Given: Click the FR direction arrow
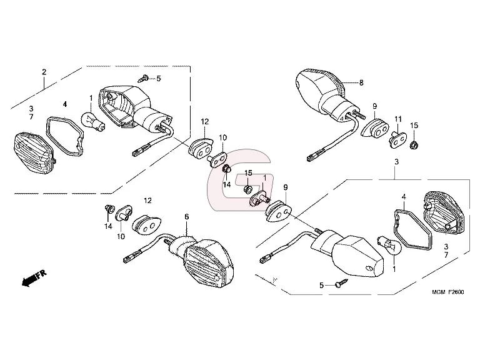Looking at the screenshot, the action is [34, 278].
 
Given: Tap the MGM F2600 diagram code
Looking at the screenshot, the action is [448, 292].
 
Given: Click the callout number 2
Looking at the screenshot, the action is [44, 72].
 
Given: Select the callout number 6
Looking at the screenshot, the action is [187, 217].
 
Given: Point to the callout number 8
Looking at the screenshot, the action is [361, 82].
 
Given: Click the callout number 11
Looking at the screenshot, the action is [397, 119].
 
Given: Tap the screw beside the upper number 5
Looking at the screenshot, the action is [143, 78].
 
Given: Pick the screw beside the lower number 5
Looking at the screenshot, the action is [342, 283].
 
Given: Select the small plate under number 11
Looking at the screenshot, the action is [397, 139].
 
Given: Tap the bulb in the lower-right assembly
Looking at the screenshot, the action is [389, 245].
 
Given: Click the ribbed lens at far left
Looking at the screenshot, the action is [34, 153].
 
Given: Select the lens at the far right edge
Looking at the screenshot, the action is [444, 213].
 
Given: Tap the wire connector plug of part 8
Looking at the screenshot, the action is [315, 155].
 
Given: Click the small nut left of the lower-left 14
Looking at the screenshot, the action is [108, 209].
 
